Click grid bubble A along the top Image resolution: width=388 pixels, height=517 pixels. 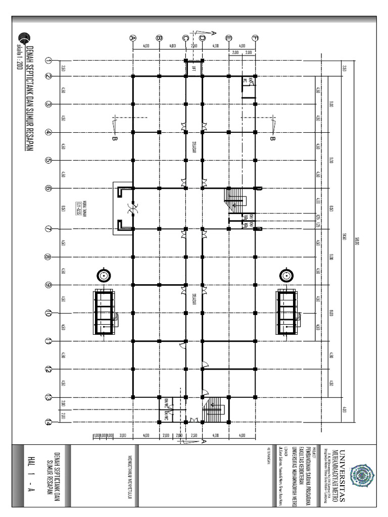(133, 38)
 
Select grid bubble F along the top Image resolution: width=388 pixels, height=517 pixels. (255, 38)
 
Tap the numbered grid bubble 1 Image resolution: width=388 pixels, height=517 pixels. (49, 61)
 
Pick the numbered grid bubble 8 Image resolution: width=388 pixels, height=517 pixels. (49, 257)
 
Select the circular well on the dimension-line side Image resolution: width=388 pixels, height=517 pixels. (285, 275)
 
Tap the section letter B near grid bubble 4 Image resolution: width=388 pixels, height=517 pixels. (114, 139)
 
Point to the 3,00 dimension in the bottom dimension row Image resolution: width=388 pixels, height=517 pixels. (123, 435)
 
